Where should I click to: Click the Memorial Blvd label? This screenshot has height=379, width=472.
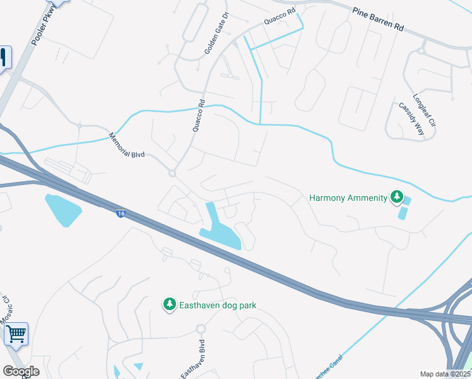click(127, 145)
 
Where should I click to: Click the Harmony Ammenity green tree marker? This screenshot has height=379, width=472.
click(397, 198)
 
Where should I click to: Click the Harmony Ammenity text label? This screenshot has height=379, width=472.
click(348, 198)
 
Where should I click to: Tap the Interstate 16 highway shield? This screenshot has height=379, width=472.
click(120, 214)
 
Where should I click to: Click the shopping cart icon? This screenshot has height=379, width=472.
click(16, 334)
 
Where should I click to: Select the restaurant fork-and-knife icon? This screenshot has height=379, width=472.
click(4, 58)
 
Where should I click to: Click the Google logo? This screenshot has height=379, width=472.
click(21, 371)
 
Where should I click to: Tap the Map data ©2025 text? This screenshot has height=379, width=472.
click(444, 374)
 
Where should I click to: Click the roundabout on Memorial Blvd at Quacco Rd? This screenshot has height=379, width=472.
click(171, 172)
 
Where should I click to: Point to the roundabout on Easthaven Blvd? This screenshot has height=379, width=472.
click(201, 329)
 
